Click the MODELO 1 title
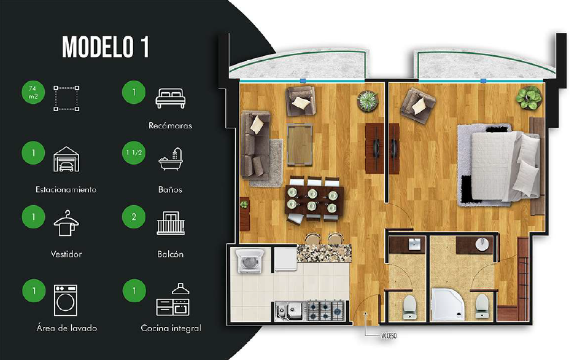click(x=106, y=47)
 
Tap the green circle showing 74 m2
click(x=33, y=92)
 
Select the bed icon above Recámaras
click(x=171, y=98)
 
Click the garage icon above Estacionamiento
click(x=66, y=159)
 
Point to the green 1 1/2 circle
click(x=134, y=152)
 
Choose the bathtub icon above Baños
click(x=171, y=159)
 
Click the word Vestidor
click(x=66, y=254)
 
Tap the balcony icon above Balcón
click(x=171, y=223)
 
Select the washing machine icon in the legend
click(x=66, y=300)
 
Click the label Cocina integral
click(x=171, y=328)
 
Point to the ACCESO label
click(x=389, y=336)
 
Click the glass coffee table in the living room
click(x=300, y=145)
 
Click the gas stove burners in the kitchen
click(x=326, y=310)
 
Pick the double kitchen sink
click(x=290, y=311)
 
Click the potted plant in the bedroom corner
click(x=529, y=98)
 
